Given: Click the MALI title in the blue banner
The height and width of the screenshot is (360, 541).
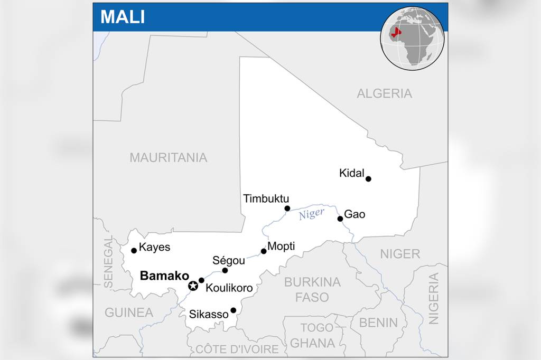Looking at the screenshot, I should pyautogui.click(x=123, y=16).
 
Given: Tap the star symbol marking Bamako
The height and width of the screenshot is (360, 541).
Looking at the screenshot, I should pyautogui.click(x=193, y=286).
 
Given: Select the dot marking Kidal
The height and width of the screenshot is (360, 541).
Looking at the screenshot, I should pyautogui.click(x=368, y=178).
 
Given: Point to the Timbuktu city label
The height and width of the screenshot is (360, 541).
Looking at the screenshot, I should pyautogui.click(x=266, y=198).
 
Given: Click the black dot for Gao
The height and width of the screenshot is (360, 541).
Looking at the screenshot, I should pyautogui.click(x=340, y=219).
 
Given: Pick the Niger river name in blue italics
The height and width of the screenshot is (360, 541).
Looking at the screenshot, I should pyautogui.click(x=311, y=214).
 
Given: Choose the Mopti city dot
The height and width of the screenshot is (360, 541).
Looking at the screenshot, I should pyautogui.click(x=264, y=251).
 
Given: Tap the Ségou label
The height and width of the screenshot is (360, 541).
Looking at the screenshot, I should pyautogui.click(x=228, y=260).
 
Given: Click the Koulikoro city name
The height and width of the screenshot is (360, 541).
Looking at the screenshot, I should pyautogui.click(x=229, y=288).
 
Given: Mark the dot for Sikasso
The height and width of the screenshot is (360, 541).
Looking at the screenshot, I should pyautogui.click(x=233, y=310).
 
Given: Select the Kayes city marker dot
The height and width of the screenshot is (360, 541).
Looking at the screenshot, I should pyautogui.click(x=134, y=250).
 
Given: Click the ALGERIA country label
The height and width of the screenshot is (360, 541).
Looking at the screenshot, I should pyautogui.click(x=384, y=94).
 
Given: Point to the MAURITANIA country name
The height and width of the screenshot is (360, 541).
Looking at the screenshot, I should pyautogui.click(x=168, y=157).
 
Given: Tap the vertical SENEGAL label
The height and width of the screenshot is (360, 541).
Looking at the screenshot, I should pyautogui.click(x=108, y=262).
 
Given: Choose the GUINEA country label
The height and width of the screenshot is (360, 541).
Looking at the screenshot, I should pyautogui.click(x=128, y=312).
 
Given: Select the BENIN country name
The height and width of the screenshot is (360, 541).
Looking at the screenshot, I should pyautogui.click(x=378, y=322).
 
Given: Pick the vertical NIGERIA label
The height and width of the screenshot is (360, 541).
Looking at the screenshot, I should pyautogui.click(x=434, y=298).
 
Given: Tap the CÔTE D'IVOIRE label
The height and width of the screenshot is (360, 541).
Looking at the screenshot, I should pyautogui.click(x=237, y=349).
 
